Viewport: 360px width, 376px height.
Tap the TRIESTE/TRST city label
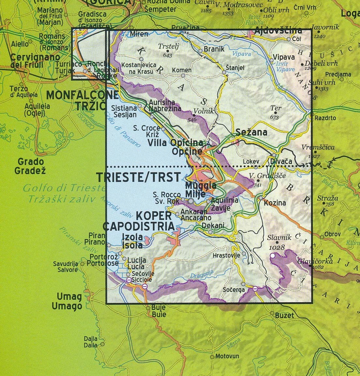pyautogui.click(x=138, y=177)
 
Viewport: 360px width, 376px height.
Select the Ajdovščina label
pyautogui.click(x=278, y=31)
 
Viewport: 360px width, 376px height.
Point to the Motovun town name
pyautogui.click(x=227, y=356)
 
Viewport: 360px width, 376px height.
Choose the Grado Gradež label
pyautogui.click(x=31, y=166)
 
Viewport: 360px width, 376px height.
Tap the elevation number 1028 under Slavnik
pyautogui.click(x=277, y=248)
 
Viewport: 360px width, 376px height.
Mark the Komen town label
pyautogui.click(x=182, y=70)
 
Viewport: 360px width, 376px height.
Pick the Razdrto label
pyautogui.click(x=325, y=118)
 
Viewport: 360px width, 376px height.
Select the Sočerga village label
pyautogui.click(x=233, y=290)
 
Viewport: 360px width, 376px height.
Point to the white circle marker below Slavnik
pyautogui.click(x=272, y=256)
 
